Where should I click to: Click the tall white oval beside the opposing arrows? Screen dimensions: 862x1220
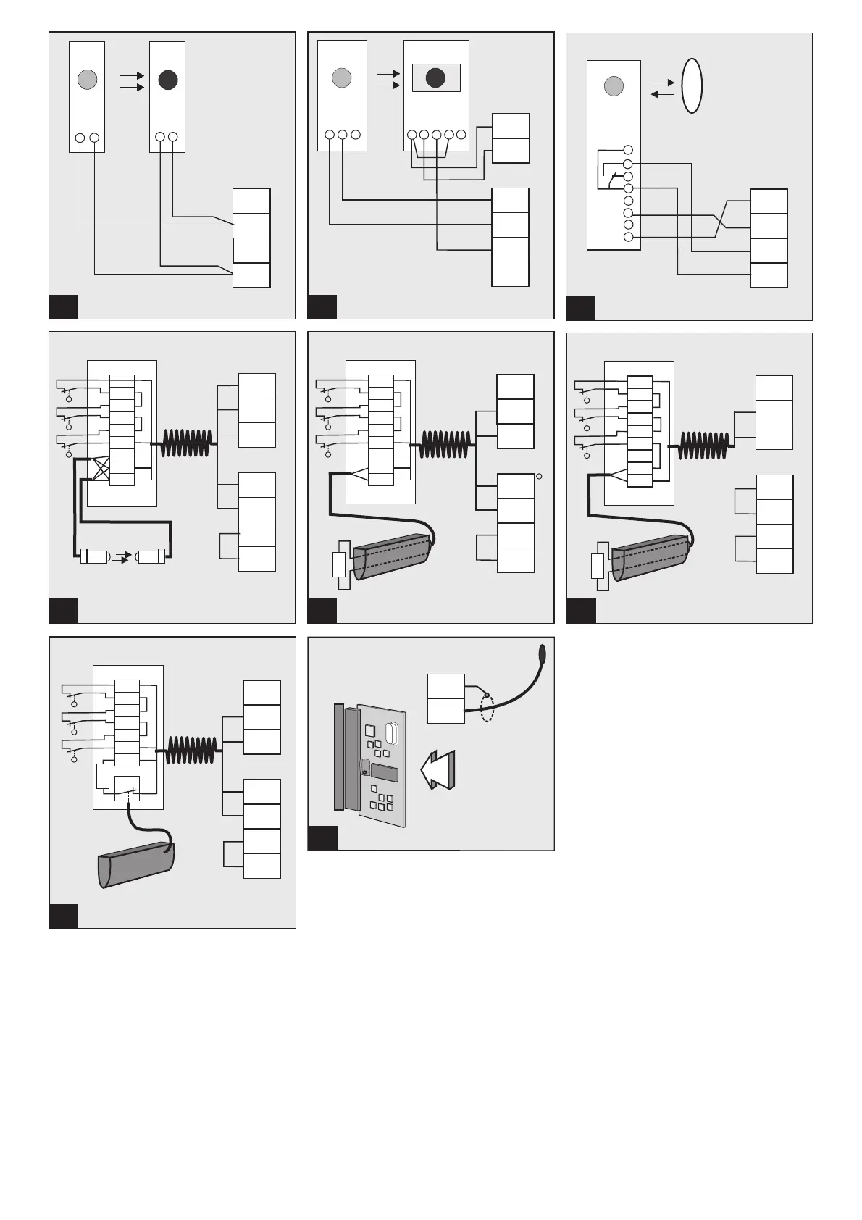pyautogui.click(x=692, y=85)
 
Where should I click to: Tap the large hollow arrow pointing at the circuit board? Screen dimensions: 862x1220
pyautogui.click(x=438, y=769)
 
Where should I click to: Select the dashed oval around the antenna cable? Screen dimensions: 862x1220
pyautogui.click(x=488, y=706)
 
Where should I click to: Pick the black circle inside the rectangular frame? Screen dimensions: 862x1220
pyautogui.click(x=435, y=78)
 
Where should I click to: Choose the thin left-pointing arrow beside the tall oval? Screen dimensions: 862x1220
pyautogui.click(x=663, y=94)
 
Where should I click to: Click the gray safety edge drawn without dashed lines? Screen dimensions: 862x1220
pyautogui.click(x=136, y=866)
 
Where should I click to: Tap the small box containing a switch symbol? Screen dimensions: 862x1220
pyautogui.click(x=127, y=788)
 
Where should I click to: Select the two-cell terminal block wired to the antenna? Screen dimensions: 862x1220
pyautogui.click(x=445, y=698)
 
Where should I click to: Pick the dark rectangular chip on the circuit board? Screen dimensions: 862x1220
pyautogui.click(x=384, y=772)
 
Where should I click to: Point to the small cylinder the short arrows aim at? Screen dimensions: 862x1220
pyautogui.click(x=151, y=557)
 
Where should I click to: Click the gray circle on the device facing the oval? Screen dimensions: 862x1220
pyautogui.click(x=614, y=87)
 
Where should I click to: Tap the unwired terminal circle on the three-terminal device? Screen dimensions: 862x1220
pyautogui.click(x=355, y=135)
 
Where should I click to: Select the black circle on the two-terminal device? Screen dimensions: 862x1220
pyautogui.click(x=168, y=80)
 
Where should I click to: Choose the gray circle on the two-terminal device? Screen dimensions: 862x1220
pyautogui.click(x=87, y=79)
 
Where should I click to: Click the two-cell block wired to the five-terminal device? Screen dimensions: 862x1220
pyautogui.click(x=511, y=138)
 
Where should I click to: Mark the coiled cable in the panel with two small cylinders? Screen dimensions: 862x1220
pyautogui.click(x=188, y=443)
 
